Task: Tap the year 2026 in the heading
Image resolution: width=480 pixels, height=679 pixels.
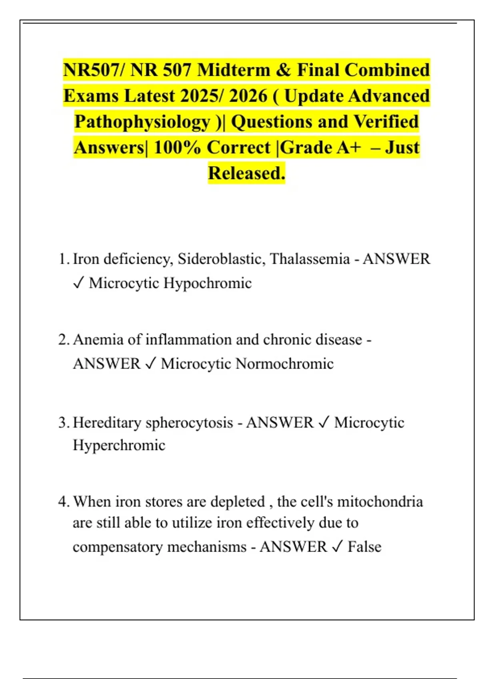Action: point(248,96)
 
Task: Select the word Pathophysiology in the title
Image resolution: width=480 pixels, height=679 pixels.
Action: point(142,122)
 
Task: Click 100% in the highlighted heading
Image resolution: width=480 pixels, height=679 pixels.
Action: point(177,147)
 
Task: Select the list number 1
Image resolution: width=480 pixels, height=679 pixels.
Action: point(63,259)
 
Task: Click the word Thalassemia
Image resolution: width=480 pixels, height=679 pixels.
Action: point(310,259)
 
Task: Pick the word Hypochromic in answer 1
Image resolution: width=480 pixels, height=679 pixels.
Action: point(208,283)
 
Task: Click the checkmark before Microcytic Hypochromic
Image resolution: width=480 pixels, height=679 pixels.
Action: point(78,283)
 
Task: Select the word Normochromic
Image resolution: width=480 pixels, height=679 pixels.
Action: point(284,364)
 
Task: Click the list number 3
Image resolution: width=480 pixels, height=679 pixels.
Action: point(63,423)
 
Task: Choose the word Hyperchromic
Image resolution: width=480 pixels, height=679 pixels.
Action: point(119,445)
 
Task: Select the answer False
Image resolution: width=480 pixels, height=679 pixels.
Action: point(364,547)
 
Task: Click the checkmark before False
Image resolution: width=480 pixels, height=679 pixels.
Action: point(337,547)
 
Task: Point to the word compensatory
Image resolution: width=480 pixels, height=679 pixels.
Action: point(119,547)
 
